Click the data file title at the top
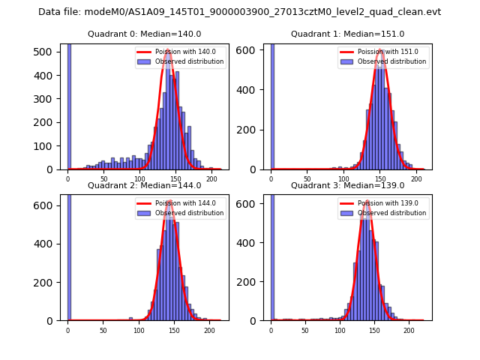coord(239,12)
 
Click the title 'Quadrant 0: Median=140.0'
coord(144,34)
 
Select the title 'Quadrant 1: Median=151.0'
coord(347,34)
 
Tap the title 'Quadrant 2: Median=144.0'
coord(144,185)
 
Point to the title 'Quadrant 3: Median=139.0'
coord(347,185)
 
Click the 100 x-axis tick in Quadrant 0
coord(139,180)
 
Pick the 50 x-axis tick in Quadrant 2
coord(103,330)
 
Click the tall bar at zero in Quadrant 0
coord(69,105)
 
